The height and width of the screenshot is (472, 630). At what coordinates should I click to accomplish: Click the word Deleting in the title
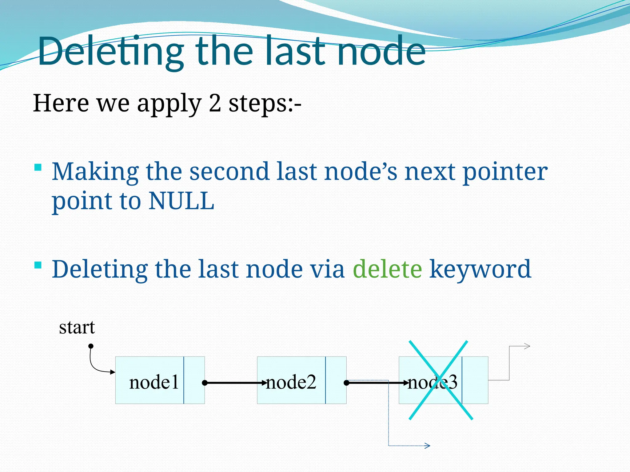pyautogui.click(x=111, y=52)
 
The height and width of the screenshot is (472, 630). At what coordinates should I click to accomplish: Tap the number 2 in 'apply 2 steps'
pyautogui.click(x=215, y=103)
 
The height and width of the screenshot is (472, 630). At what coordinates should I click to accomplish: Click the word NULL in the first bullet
pyautogui.click(x=181, y=201)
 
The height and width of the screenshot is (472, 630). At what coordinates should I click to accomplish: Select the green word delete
pyautogui.click(x=387, y=269)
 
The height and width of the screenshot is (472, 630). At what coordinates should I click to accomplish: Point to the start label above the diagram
pyautogui.click(x=77, y=328)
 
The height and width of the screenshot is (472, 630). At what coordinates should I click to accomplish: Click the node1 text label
pyautogui.click(x=154, y=383)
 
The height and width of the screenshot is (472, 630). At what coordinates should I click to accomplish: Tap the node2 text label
pyautogui.click(x=291, y=383)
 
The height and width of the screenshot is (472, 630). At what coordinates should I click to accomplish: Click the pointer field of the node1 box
pyautogui.click(x=194, y=380)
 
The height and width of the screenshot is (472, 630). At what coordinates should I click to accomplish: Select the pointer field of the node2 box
pyautogui.click(x=336, y=380)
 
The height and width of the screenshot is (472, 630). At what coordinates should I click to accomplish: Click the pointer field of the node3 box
pyautogui.click(x=475, y=380)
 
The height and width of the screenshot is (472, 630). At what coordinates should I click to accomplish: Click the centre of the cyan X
pyautogui.click(x=441, y=380)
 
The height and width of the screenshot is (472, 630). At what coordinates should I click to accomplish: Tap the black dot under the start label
pyautogui.click(x=91, y=346)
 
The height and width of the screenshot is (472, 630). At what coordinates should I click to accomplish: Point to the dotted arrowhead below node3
pyautogui.click(x=427, y=446)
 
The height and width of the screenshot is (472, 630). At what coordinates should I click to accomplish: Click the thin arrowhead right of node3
pyautogui.click(x=527, y=346)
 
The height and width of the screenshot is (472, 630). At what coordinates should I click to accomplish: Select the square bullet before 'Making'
pyautogui.click(x=38, y=167)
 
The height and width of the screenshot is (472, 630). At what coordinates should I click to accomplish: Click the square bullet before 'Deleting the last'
pyautogui.click(x=38, y=265)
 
